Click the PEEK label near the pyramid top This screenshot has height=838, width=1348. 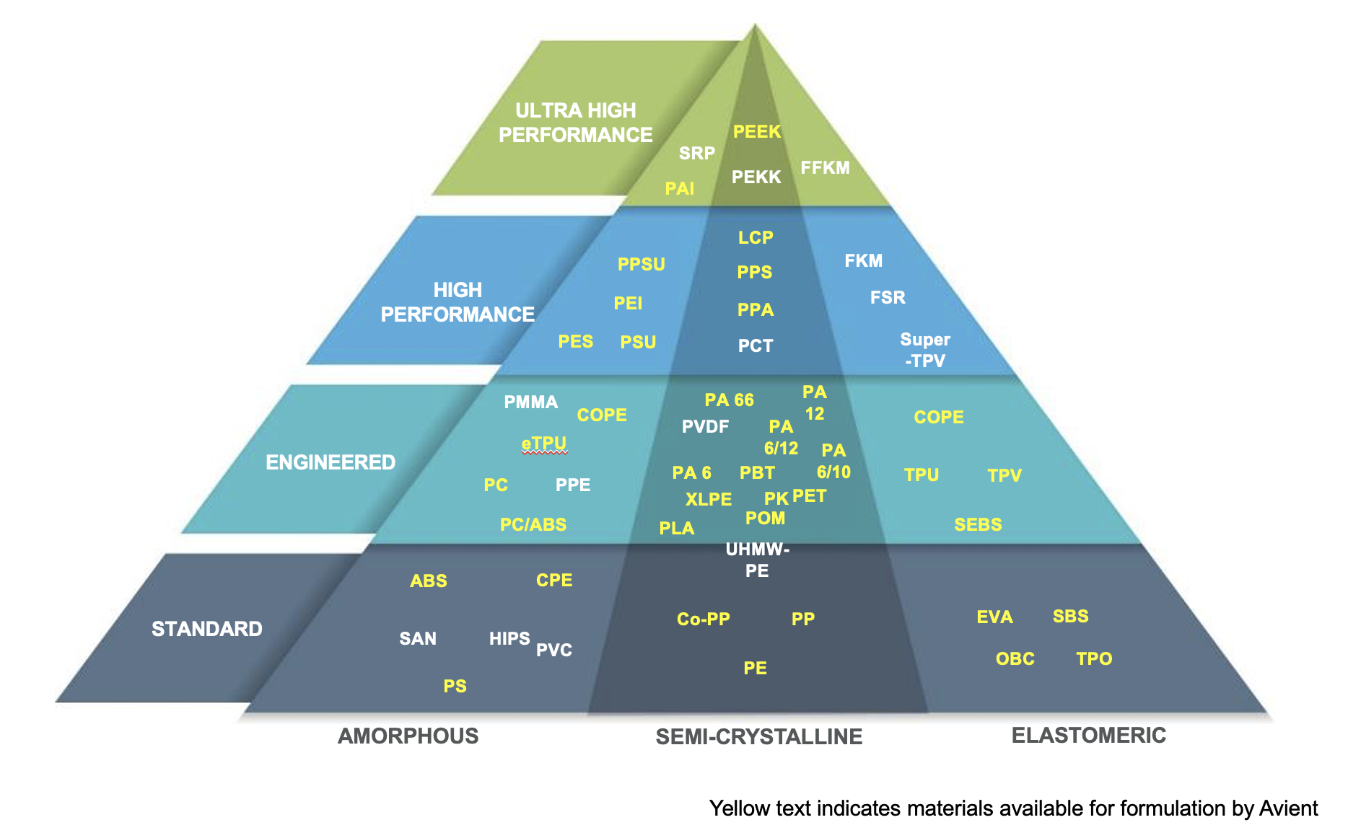coord(757,131)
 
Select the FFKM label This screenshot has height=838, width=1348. coord(825,168)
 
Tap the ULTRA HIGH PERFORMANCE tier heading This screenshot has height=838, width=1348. coord(575,123)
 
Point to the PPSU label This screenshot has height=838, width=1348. coord(641,265)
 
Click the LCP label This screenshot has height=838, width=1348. coord(756,237)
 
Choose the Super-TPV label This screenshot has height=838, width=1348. coord(924,350)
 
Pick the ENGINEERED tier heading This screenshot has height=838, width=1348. coord(331,462)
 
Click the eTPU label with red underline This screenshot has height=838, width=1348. coord(544,443)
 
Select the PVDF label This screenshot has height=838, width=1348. coord(705,427)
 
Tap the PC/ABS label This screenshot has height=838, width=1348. coord(533,524)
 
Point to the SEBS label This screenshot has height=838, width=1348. coord(978,524)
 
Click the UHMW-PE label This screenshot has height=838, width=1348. coord(757,560)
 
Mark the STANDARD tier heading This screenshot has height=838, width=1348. coord(206,629)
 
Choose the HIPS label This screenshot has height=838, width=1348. coord(509,638)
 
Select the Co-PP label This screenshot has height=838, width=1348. coord(704,619)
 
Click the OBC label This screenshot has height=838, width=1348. coord(1015,658)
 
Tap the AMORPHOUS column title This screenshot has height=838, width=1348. coord(408,736)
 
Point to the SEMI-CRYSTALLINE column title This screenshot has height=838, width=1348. coord(758,736)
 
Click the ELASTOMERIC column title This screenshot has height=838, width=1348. coord(1088,736)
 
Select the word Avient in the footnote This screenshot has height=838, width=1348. coord(1288,808)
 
